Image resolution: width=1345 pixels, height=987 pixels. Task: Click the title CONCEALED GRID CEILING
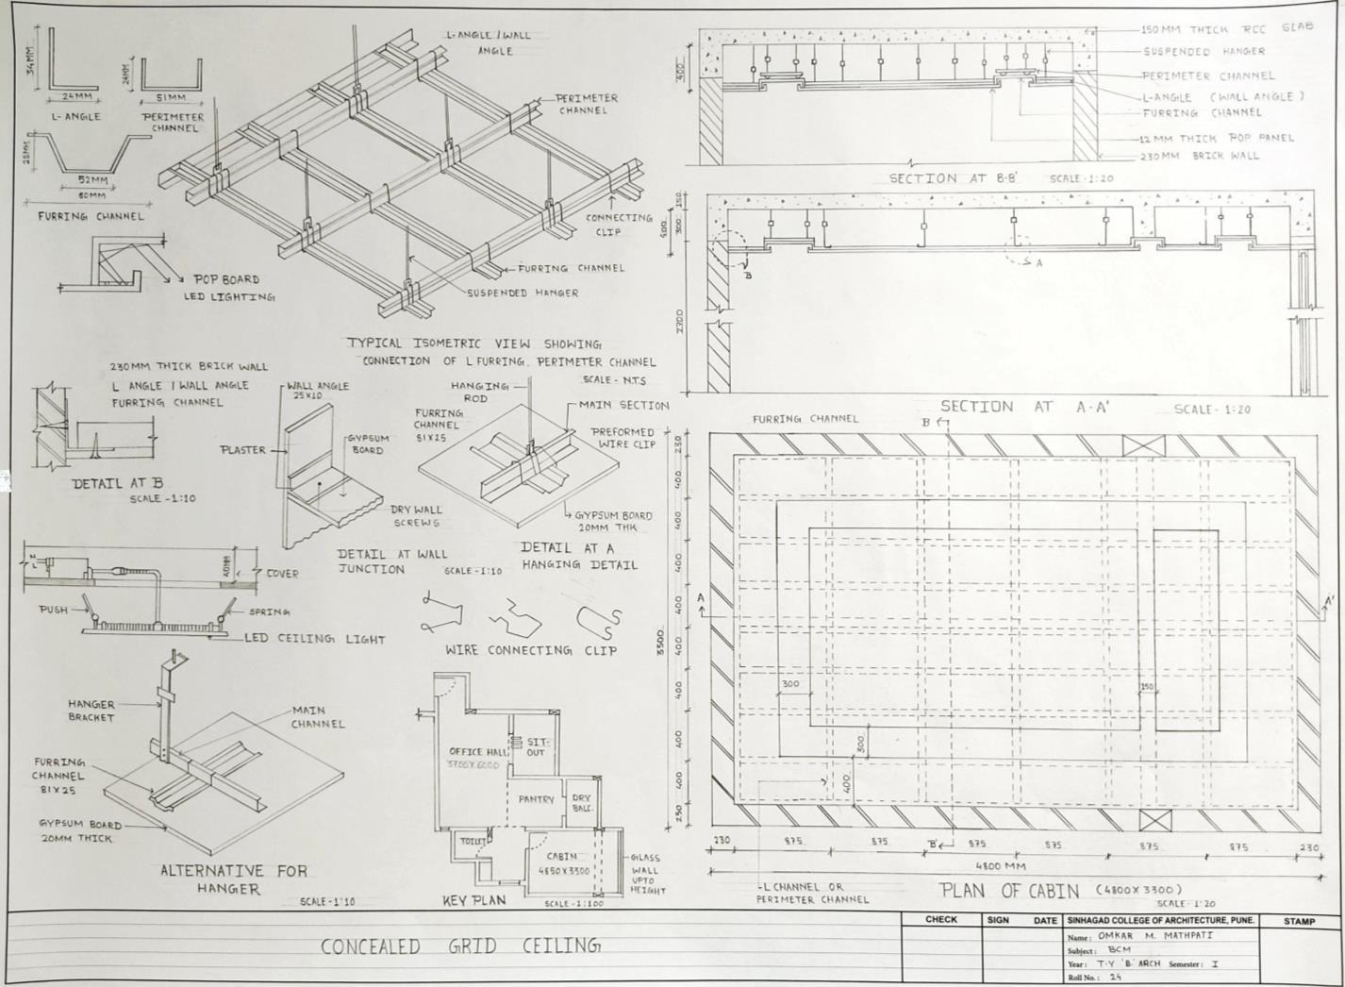pyautogui.click(x=459, y=945)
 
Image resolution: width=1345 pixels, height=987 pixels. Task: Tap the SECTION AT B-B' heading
pyautogui.click(x=952, y=178)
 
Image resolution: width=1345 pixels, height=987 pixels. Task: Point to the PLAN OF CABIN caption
pyautogui.click(x=1009, y=891)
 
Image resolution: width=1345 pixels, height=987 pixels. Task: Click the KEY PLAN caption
pyautogui.click(x=474, y=901)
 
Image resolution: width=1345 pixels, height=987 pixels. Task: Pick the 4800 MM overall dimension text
pyautogui.click(x=1001, y=865)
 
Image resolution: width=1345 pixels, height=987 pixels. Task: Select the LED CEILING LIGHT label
pyautogui.click(x=315, y=639)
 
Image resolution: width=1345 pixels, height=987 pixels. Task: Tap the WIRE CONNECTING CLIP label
pyautogui.click(x=531, y=650)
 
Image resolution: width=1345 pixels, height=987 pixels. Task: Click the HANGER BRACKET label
pyautogui.click(x=91, y=711)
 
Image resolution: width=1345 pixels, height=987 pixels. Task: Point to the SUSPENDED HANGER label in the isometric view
pyautogui.click(x=523, y=293)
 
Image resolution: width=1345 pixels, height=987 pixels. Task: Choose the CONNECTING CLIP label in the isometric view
pyautogui.click(x=619, y=224)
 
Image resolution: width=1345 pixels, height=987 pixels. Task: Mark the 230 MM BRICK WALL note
pyautogui.click(x=1199, y=156)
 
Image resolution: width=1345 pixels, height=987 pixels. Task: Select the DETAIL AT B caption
pyautogui.click(x=118, y=483)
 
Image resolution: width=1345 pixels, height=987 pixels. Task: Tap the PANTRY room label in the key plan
pyautogui.click(x=536, y=799)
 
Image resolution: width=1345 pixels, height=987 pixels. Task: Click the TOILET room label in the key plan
pyautogui.click(x=473, y=840)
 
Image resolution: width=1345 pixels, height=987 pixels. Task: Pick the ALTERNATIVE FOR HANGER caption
pyautogui.click(x=233, y=879)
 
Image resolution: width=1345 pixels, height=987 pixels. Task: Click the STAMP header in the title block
pyautogui.click(x=1299, y=920)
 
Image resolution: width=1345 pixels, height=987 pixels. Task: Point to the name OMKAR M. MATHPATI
pyautogui.click(x=1155, y=936)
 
